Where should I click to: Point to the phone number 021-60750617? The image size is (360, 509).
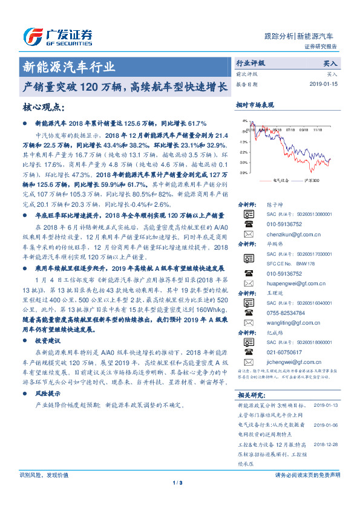click(x=283, y=352)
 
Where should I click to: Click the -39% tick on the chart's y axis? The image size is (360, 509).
click(x=244, y=173)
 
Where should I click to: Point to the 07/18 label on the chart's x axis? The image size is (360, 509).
click(x=290, y=129)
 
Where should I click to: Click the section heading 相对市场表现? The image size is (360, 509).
click(x=255, y=105)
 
